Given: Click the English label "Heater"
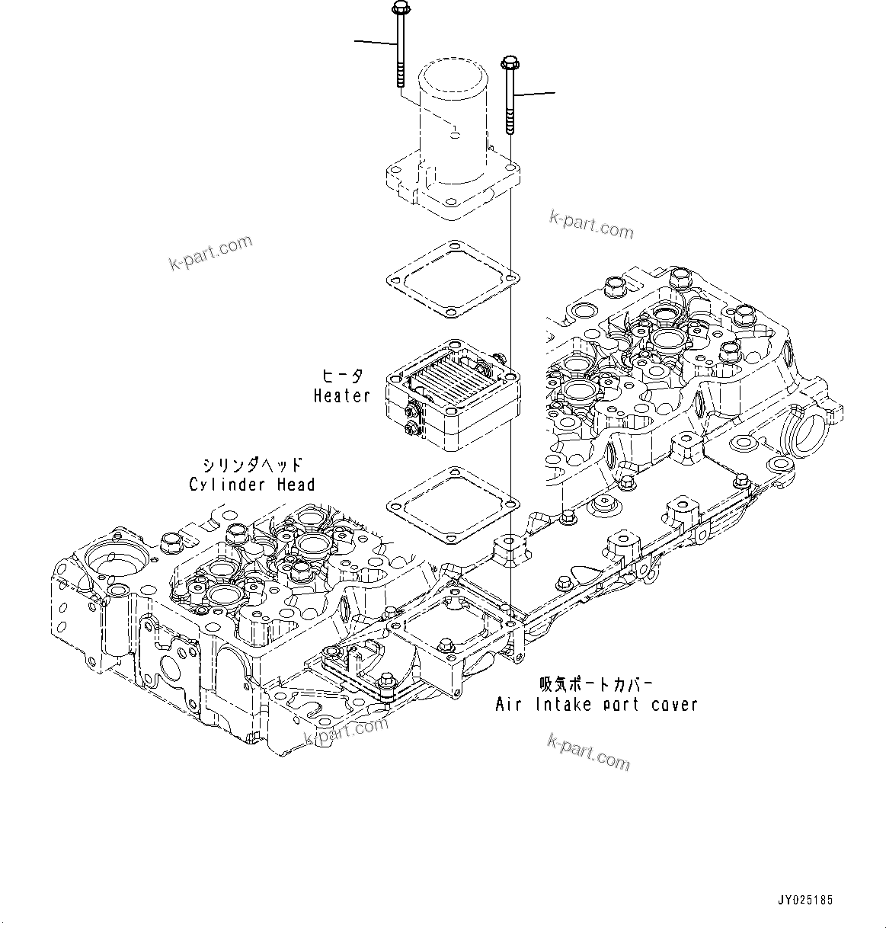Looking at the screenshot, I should point(341,395).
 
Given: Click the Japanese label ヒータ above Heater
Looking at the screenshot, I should point(342,376).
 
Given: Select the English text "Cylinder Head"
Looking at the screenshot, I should point(251,485).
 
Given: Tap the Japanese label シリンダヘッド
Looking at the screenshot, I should point(252,465).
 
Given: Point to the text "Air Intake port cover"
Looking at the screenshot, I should point(597,704).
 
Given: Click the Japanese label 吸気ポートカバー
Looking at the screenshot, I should point(597,684).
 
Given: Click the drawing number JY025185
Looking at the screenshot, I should point(805,901).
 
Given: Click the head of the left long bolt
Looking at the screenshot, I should point(399,8).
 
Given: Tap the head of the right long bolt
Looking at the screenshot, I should point(510,63).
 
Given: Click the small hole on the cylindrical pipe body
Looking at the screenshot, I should point(455,135).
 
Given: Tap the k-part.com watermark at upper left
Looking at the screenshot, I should point(210,253).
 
